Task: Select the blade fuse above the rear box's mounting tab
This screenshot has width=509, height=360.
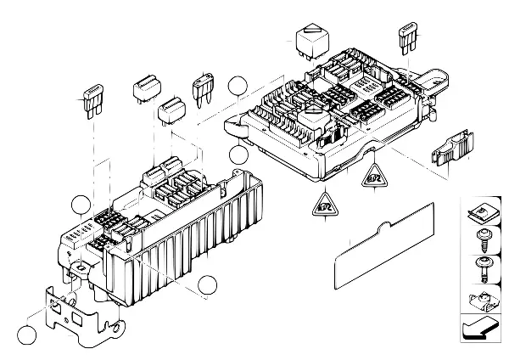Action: [406, 40]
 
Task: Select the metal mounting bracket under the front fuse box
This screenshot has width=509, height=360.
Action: [80, 318]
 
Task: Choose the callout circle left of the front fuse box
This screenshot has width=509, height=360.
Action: [81, 205]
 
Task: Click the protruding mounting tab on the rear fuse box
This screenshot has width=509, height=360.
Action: [439, 83]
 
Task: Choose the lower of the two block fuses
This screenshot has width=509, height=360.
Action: [172, 110]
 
